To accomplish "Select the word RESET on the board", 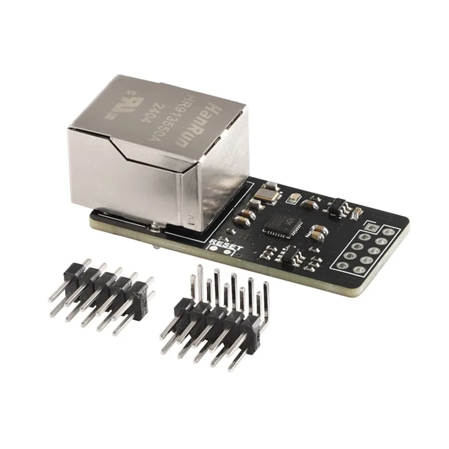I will pyautogui.click(x=224, y=244).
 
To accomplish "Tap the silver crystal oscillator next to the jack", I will pyautogui.click(x=264, y=194).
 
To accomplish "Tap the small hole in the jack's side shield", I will pyautogui.click(x=191, y=216).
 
